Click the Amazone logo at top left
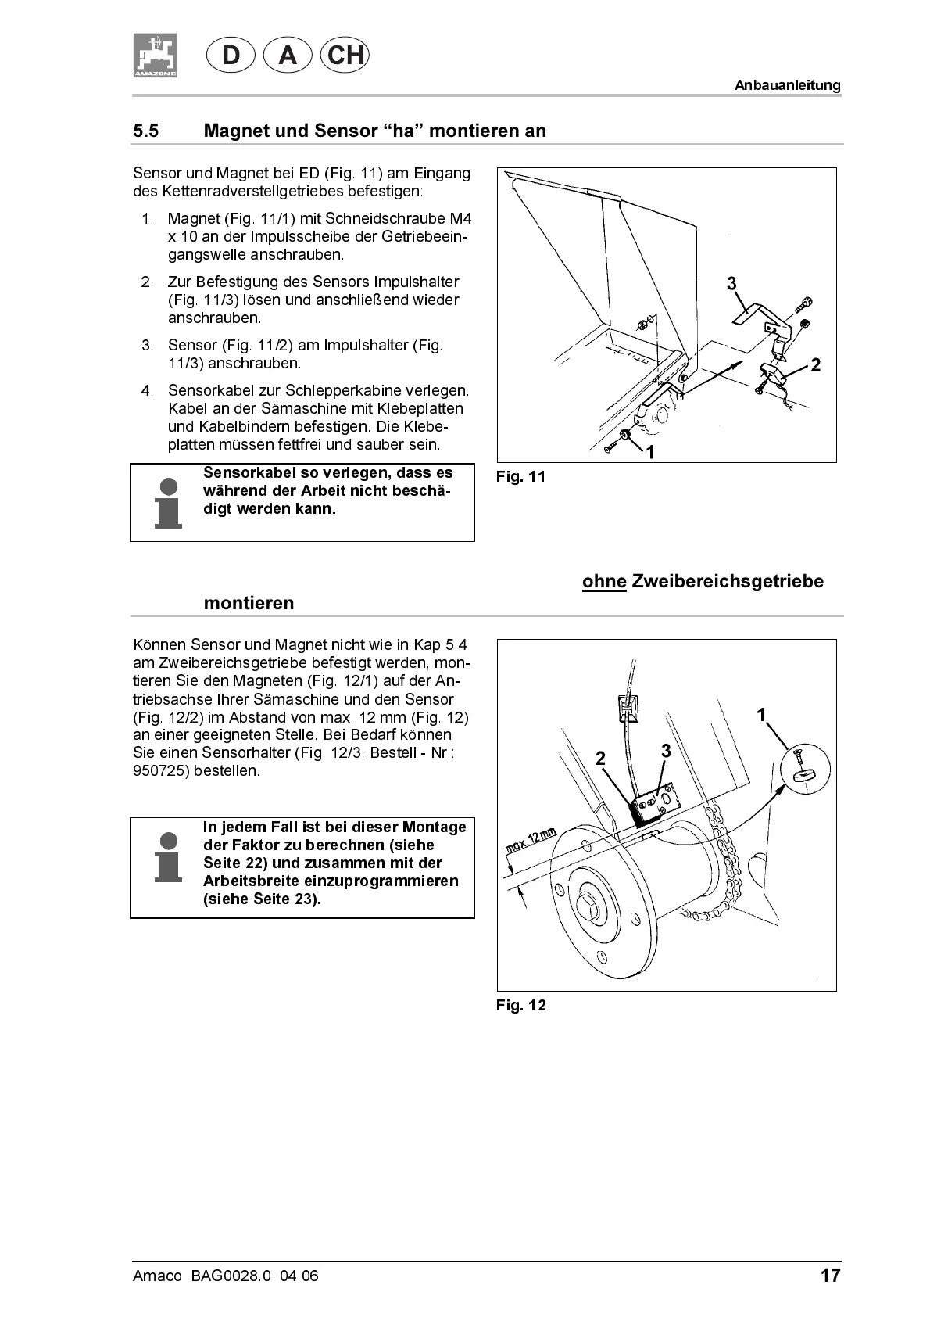[x=154, y=56]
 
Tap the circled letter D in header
[x=231, y=56]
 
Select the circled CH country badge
[x=345, y=56]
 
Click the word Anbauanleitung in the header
[x=787, y=85]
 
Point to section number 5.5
[x=146, y=131]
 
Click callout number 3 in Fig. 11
[x=731, y=283]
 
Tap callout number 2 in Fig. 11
[x=815, y=364]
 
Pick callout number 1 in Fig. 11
[x=649, y=451]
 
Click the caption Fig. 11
[x=520, y=477]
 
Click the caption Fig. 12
[x=520, y=1006]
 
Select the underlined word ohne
[x=604, y=582]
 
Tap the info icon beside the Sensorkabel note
[x=168, y=502]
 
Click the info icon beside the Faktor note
[x=168, y=856]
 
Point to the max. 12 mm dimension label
[x=531, y=842]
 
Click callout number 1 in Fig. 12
[x=761, y=714]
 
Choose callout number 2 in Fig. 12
[x=600, y=758]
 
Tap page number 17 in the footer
[x=830, y=1276]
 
